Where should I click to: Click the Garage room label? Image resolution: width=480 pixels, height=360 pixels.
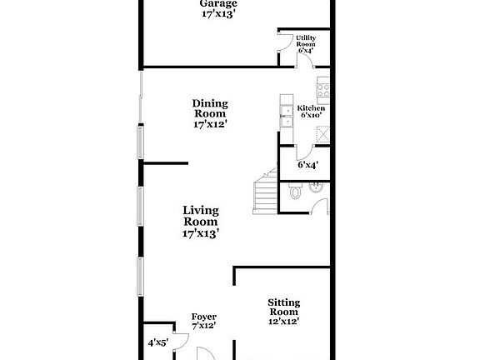(218, 3)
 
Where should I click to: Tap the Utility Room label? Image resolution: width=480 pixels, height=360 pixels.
(306, 41)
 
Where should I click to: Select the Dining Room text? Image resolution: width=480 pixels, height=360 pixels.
(210, 108)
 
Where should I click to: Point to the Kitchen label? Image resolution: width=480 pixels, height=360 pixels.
(311, 108)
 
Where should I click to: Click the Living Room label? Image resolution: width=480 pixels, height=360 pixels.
(201, 216)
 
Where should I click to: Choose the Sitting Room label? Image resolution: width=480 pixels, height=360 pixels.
(284, 307)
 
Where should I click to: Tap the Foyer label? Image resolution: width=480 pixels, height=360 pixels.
(204, 317)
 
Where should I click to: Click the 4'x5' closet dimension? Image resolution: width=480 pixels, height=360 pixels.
(158, 342)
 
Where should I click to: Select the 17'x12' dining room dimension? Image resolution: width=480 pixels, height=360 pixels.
(210, 124)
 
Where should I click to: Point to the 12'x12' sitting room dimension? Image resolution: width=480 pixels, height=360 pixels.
(284, 322)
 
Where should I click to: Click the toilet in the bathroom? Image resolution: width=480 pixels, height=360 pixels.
(295, 191)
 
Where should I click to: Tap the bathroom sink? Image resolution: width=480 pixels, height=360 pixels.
(316, 187)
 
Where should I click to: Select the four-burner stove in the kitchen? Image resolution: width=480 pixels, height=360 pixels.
(323, 90)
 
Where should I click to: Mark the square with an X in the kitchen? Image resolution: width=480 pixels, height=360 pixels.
(323, 134)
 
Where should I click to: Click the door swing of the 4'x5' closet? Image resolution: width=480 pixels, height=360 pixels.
(182, 341)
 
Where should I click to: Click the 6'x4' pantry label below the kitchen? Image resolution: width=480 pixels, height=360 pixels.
(308, 165)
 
